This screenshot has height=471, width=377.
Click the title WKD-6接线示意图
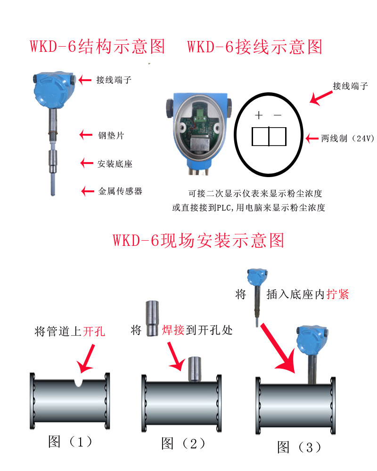click(254, 47)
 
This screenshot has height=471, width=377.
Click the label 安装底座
click(115, 164)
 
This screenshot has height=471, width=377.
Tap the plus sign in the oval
click(258, 115)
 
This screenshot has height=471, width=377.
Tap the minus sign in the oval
click(278, 115)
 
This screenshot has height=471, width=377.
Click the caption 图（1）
click(70, 442)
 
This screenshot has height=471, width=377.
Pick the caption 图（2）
click(183, 443)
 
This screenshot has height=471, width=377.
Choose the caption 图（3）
click(300, 447)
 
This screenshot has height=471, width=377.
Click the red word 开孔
click(94, 332)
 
